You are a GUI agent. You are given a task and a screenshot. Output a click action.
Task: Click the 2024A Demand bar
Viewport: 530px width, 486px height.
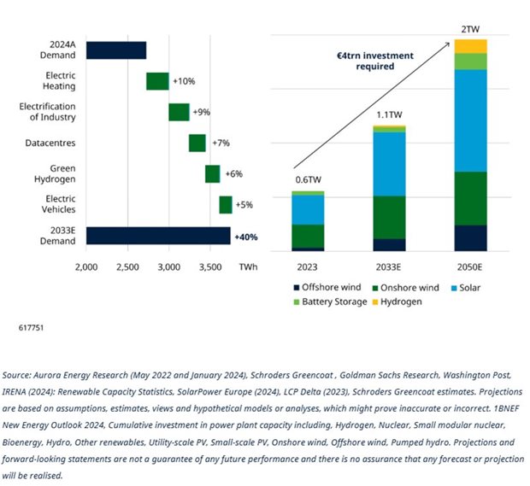click(x=116, y=50)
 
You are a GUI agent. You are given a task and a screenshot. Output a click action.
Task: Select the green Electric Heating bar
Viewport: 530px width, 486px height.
click(x=157, y=81)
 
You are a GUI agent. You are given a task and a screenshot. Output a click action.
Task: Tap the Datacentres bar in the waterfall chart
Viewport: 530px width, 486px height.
click(x=197, y=143)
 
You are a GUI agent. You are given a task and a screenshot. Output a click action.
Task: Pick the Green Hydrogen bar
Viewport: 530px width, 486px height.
click(x=213, y=174)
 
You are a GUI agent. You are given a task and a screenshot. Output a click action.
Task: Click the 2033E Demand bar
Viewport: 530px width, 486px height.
click(x=158, y=236)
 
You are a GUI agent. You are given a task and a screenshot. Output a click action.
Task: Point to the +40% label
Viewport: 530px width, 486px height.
click(x=246, y=237)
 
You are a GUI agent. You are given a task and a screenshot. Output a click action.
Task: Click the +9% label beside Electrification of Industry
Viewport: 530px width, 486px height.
click(x=202, y=112)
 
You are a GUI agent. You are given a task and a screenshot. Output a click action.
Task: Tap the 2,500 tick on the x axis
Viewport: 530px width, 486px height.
click(x=127, y=267)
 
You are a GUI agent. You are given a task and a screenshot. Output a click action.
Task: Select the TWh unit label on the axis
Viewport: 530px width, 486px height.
click(x=249, y=267)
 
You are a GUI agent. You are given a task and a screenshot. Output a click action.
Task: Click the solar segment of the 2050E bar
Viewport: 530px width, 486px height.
click(x=470, y=120)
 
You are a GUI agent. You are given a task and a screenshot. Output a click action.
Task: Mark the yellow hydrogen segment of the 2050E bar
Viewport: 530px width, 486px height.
click(x=470, y=46)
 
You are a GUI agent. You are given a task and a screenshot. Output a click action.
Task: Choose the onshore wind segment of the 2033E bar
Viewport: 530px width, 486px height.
click(x=390, y=218)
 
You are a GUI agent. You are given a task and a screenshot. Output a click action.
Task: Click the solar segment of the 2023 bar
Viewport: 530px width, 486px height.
click(x=308, y=210)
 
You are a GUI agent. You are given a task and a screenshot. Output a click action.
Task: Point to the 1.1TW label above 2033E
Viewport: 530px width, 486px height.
click(x=390, y=114)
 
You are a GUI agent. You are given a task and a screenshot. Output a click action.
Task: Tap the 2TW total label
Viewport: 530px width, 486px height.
click(x=470, y=29)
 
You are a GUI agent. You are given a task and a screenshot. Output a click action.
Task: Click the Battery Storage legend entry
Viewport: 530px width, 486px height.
click(x=330, y=302)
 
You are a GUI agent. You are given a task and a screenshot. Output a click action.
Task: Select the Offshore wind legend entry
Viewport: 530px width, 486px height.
click(x=327, y=287)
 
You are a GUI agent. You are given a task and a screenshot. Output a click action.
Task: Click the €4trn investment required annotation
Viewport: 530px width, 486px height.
click(x=375, y=61)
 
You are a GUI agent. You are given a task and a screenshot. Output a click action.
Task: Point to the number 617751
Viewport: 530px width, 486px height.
click(x=31, y=328)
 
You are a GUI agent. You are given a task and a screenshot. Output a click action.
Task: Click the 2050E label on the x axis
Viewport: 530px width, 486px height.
click(x=469, y=267)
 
